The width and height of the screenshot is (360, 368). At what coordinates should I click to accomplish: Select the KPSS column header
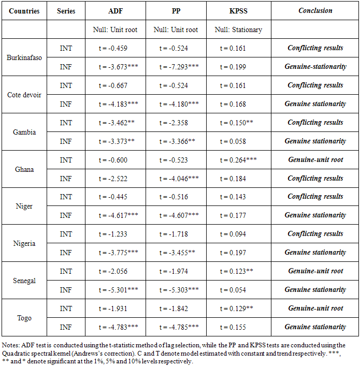pyautogui.click(x=238, y=11)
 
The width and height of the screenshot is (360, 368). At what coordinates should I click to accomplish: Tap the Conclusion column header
pyautogui.click(x=315, y=11)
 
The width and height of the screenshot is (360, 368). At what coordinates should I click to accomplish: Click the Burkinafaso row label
pyautogui.click(x=24, y=57)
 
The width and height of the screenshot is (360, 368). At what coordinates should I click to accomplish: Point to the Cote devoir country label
pyautogui.click(x=24, y=95)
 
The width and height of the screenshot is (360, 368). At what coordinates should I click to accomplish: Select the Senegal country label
pyautogui.click(x=24, y=281)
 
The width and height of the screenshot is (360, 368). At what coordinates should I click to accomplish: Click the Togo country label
pyautogui.click(x=24, y=318)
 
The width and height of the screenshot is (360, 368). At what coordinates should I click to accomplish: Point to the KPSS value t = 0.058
pyautogui.click(x=232, y=141)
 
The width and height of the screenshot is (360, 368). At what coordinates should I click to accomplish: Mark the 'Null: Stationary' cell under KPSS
pyautogui.click(x=238, y=30)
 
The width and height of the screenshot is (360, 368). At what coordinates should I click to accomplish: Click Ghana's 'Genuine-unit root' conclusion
pyautogui.click(x=315, y=160)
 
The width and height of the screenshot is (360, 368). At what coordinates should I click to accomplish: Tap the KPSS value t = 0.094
pyautogui.click(x=232, y=234)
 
